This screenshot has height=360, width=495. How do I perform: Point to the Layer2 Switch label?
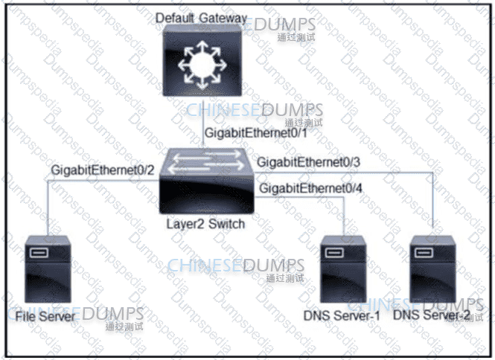click(205, 224)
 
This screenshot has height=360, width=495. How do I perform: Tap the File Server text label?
click(45, 316)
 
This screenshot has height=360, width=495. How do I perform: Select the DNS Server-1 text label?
click(342, 316)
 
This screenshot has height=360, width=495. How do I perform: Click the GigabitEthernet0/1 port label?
click(250, 135)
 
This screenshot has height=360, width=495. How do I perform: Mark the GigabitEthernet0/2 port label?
click(103, 170)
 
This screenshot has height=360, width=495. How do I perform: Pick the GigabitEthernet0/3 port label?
click(308, 162)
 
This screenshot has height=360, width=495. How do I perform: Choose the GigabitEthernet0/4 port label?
click(311, 189)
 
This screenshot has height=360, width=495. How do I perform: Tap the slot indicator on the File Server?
click(39, 254)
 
